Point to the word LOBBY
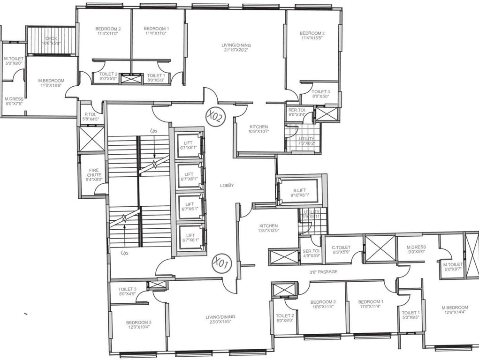point(227,186)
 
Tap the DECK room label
point(51,41)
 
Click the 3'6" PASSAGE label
point(323,271)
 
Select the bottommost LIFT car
point(190,238)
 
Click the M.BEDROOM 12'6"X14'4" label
point(455,310)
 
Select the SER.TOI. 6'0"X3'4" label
point(297,112)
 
